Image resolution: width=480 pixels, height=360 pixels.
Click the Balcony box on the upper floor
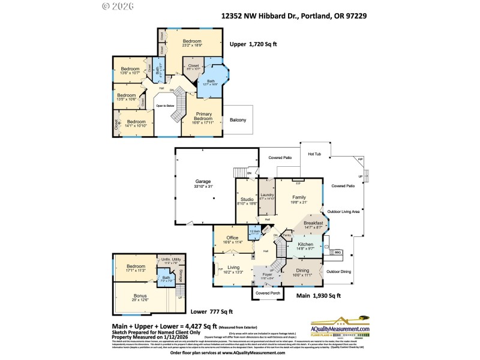(x=238, y=120)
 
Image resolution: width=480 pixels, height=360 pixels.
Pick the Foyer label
(x=267, y=275)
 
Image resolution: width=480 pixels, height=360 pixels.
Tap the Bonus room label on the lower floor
(x=140, y=296)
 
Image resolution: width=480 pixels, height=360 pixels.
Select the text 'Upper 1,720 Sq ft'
(x=253, y=44)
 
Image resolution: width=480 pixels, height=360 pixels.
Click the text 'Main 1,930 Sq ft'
(x=319, y=296)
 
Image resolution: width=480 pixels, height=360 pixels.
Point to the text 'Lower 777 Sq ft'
(x=212, y=312)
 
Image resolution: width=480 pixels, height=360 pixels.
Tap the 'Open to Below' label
(x=165, y=106)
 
